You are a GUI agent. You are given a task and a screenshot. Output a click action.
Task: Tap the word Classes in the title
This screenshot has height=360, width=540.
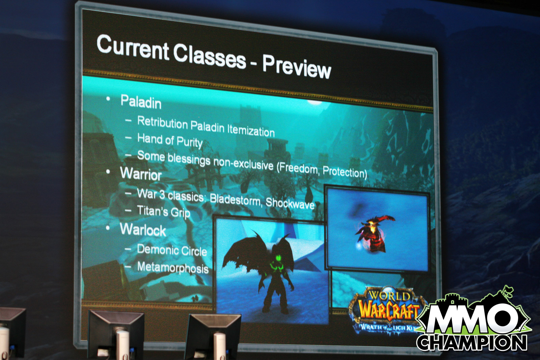click(209, 56)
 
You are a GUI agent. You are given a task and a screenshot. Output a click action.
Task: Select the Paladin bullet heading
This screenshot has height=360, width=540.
click(141, 102)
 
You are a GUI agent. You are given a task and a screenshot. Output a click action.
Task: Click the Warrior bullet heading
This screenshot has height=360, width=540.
click(141, 173)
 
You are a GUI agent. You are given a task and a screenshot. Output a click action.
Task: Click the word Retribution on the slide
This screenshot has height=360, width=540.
click(162, 122)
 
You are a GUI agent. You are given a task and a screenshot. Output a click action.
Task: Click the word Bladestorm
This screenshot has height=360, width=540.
click(236, 200)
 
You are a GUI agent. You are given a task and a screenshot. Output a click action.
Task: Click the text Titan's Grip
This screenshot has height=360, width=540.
click(163, 212)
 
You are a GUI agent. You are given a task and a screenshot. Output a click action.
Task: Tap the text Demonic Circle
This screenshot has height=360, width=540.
click(172, 250)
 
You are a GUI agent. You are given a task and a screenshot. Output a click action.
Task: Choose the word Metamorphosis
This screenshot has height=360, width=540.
click(173, 268)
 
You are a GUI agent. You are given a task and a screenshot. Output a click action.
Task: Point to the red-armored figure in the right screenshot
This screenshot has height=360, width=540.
click(373, 234)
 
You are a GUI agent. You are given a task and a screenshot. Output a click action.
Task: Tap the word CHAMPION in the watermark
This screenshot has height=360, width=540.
click(471, 342)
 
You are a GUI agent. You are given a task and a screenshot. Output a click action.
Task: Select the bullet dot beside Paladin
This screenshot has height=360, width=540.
click(108, 99)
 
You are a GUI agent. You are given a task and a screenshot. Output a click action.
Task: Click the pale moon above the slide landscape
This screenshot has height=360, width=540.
click(315, 103)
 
